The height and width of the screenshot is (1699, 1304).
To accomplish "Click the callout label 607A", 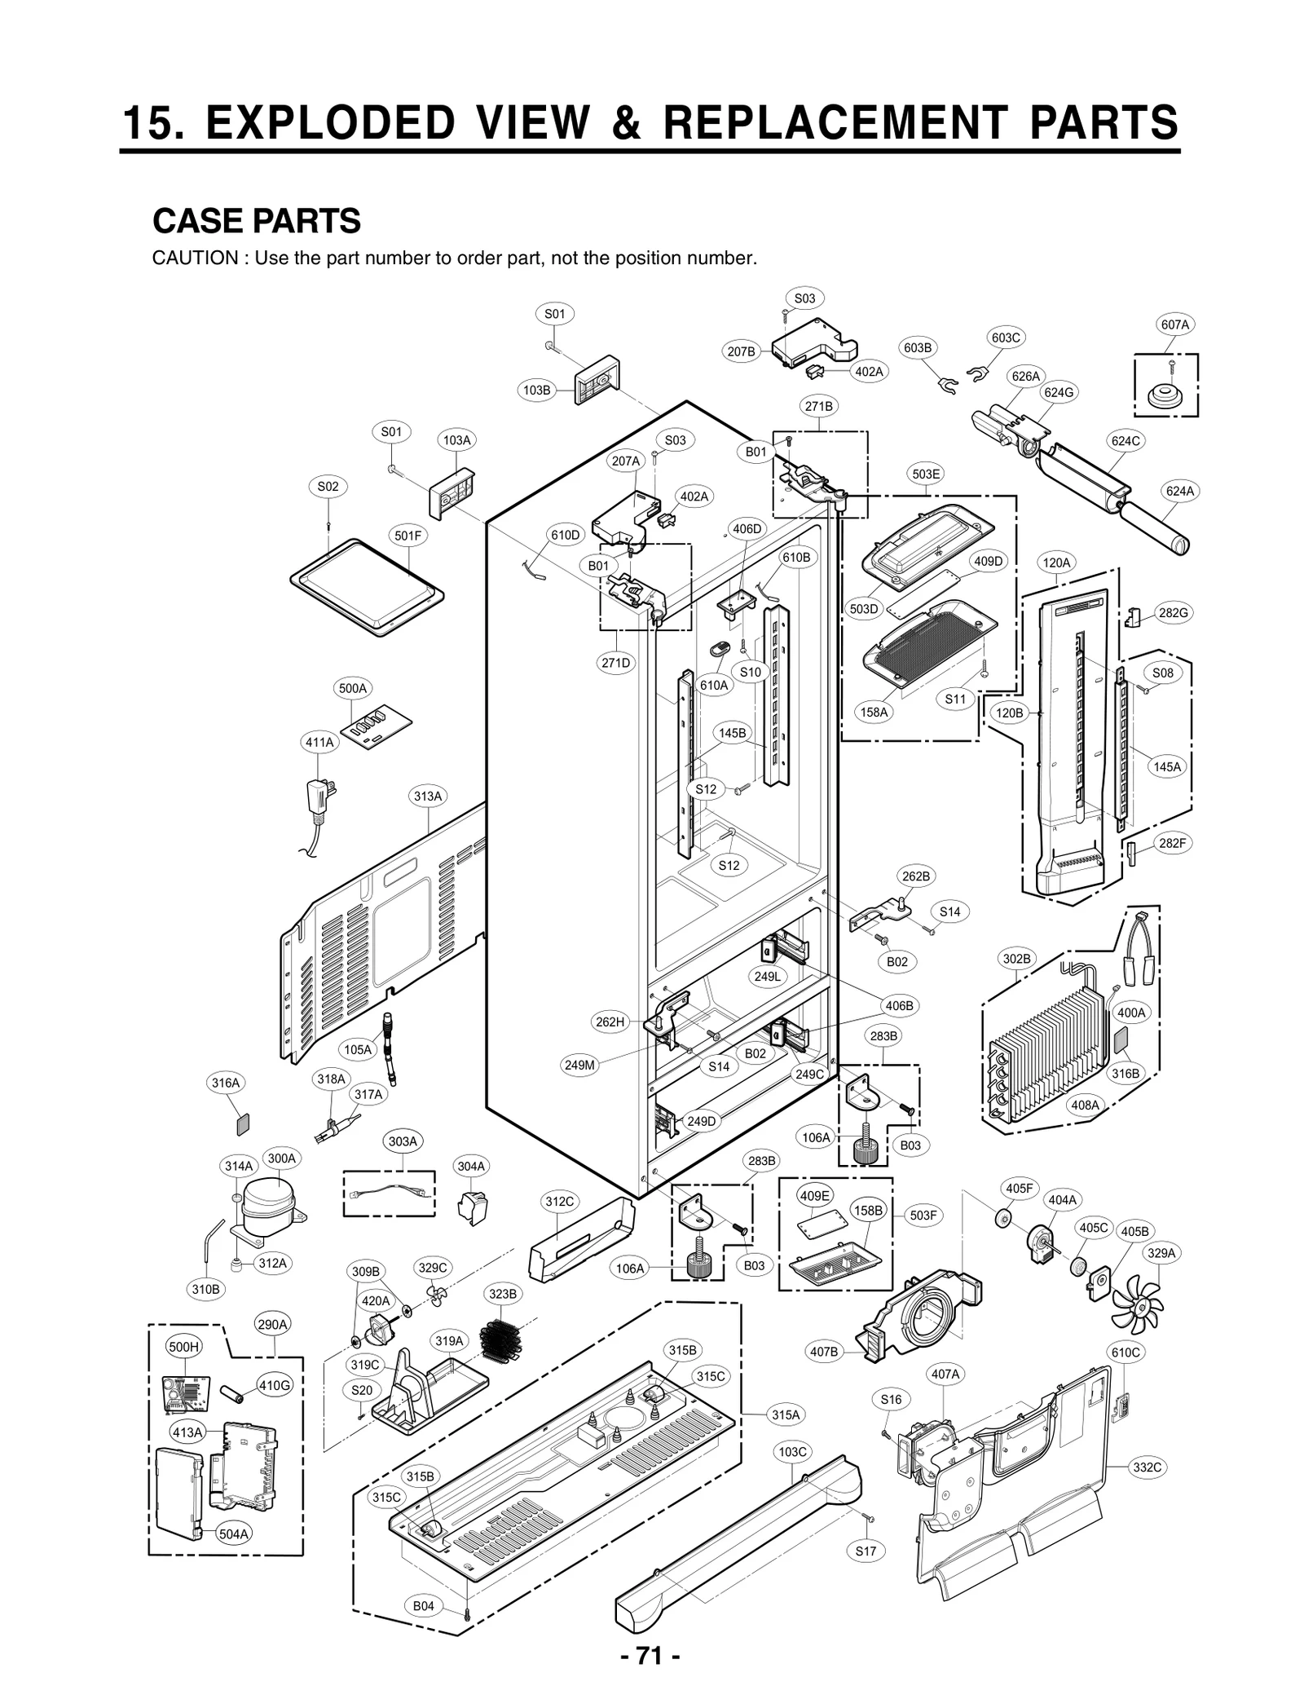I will [x=1174, y=324].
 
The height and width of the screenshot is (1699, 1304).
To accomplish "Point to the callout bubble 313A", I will [x=428, y=797].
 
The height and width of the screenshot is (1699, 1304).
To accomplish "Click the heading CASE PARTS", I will [x=257, y=221].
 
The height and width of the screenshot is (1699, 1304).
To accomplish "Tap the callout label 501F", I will [x=408, y=536].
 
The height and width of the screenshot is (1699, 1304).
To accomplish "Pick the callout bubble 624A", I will [x=1179, y=491].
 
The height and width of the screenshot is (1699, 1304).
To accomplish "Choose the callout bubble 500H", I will [x=183, y=1347].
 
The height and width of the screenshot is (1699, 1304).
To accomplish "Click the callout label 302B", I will [x=1016, y=959].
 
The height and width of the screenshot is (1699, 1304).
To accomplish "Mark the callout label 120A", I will [x=1057, y=563].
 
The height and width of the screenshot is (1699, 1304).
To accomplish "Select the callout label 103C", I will [x=792, y=1451].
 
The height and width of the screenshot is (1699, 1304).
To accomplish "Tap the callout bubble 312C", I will [x=560, y=1202].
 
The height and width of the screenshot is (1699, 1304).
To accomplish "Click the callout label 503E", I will [x=927, y=474].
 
